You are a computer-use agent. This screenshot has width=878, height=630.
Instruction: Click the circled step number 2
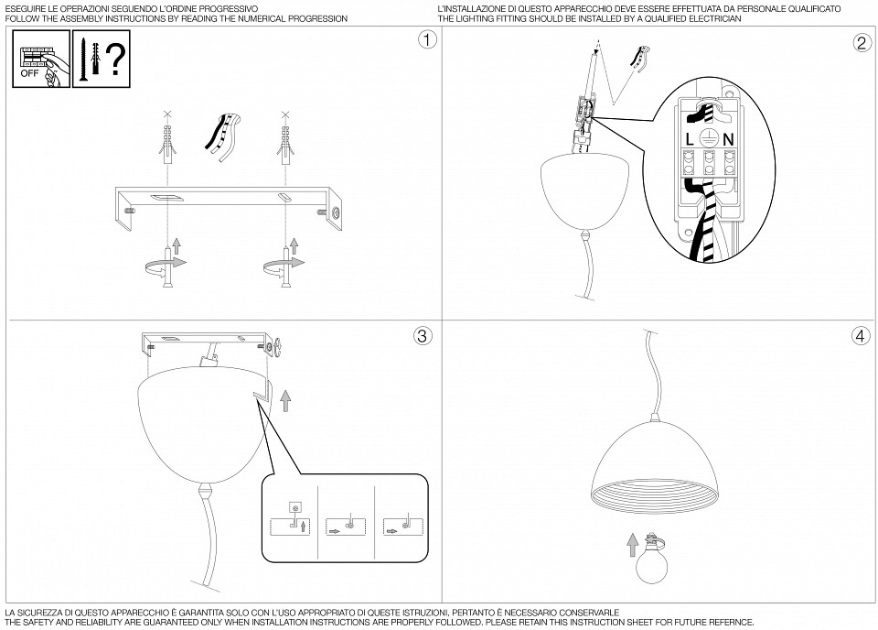coord(862,42)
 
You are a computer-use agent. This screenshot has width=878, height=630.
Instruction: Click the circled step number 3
coord(422,336)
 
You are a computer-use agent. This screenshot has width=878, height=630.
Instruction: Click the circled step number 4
coord(860,336)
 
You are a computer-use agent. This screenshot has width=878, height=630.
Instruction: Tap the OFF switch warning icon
coord(39,60)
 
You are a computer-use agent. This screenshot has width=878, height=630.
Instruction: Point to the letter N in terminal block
coord(728,139)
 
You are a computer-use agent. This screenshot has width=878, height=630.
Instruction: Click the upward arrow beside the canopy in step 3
coord(285,399)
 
